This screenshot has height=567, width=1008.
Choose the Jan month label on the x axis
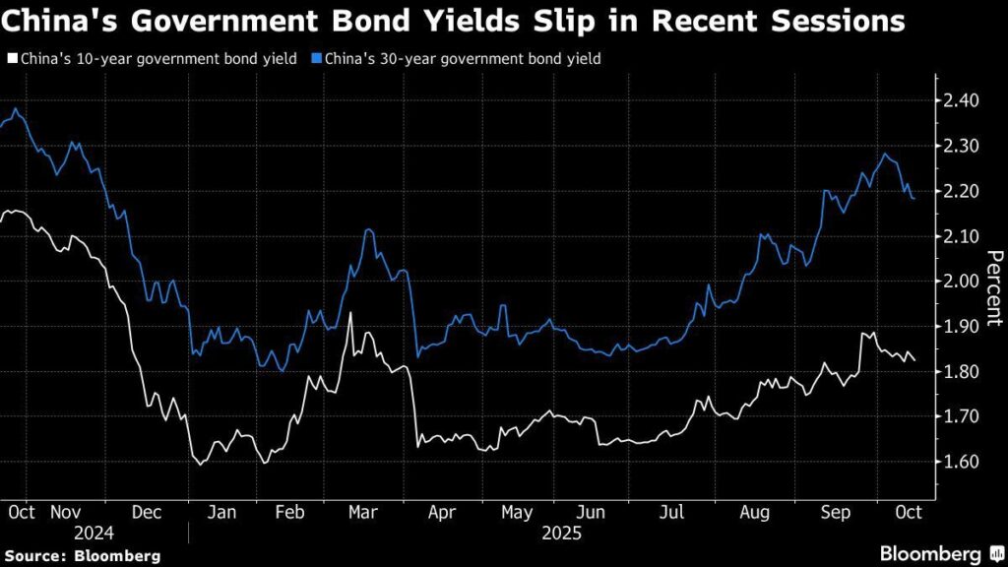pos(224,512)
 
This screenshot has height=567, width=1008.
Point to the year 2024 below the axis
pos(94,533)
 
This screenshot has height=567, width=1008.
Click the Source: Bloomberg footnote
pos(81,556)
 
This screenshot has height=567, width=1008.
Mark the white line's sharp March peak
pos(350,313)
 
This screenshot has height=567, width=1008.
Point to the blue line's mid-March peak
pos(367,229)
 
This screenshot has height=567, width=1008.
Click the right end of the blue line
pos(913,198)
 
